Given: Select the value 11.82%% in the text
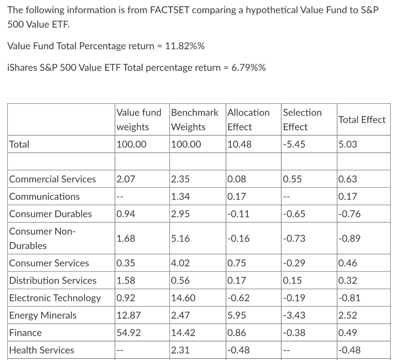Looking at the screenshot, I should point(185,46).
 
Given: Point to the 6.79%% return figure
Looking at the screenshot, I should point(248,68).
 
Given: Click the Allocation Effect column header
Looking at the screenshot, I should point(248,119).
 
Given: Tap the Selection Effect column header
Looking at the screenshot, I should point(302,119).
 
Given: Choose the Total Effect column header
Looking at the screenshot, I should point(361,120).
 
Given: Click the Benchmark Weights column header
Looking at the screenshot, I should point(194,119).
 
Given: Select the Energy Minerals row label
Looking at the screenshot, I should point(43,315).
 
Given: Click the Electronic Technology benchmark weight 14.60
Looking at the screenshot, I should point(183,298).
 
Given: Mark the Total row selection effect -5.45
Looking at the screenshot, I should point(294,145).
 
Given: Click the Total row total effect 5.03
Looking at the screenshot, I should point(348,145).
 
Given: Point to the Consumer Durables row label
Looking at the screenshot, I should point(51,214).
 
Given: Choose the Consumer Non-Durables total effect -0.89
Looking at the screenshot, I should point(349,239).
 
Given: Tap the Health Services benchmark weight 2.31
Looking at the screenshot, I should point(180,350).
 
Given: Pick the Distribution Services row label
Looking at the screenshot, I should point(53,281).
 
